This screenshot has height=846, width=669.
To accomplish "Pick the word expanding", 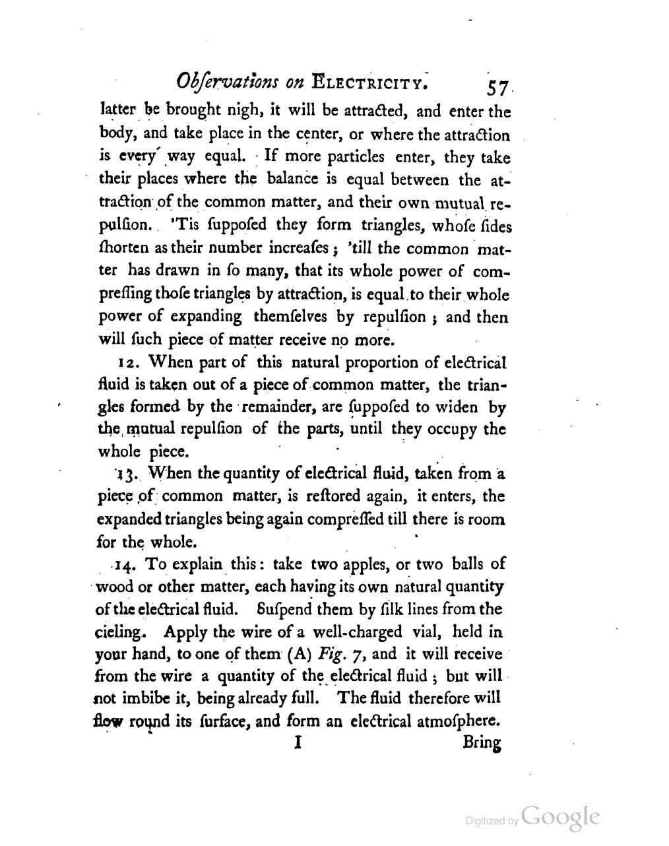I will [x=203, y=317].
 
